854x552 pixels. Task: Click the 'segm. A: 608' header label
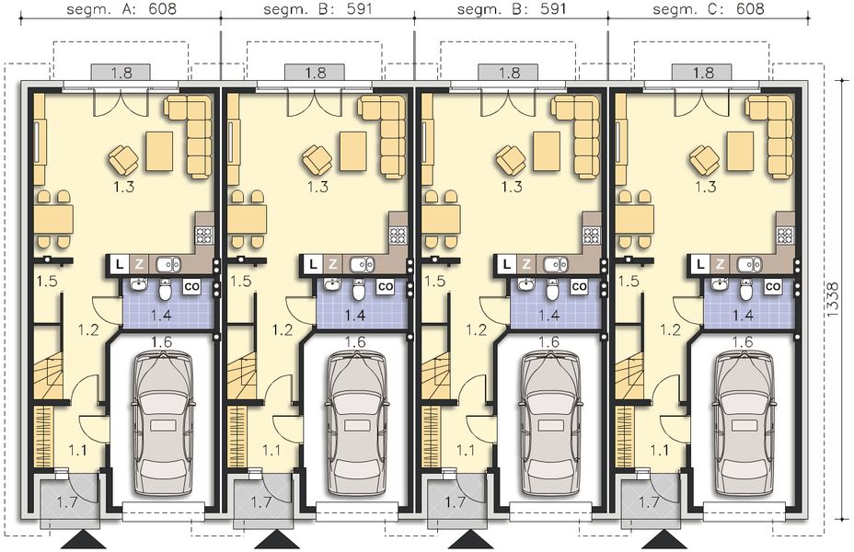point(122,12)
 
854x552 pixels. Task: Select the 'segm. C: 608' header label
point(708,12)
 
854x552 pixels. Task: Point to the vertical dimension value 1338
point(832,300)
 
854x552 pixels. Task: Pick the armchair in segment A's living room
point(123,160)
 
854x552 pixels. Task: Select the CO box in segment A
point(192,287)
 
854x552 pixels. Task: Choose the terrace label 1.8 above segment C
point(702,72)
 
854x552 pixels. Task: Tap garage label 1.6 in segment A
point(161,342)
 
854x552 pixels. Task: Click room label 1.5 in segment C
point(630,281)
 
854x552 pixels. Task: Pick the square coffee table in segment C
point(739,151)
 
